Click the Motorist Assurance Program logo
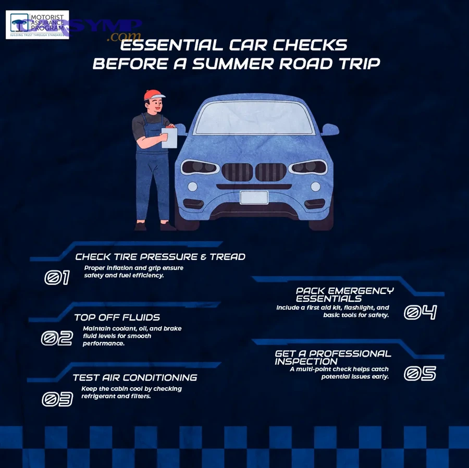pos(37,24)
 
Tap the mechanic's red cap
pos(154,95)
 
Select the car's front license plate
pos(254,198)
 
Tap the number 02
pos(57,339)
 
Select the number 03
pos(57,399)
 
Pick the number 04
pos(420,313)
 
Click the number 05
pos(420,374)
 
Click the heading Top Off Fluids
pos(117,317)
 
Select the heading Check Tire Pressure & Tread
pos(160,257)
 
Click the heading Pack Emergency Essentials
pos(344,294)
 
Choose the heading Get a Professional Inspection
pos(332,357)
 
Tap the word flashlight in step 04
pos(355,308)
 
